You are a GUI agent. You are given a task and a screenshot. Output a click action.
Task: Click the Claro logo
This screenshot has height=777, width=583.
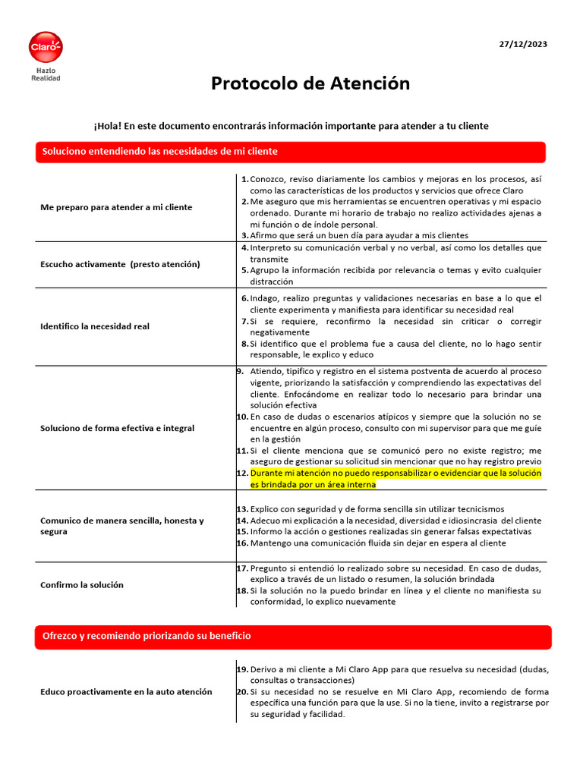coord(46,48)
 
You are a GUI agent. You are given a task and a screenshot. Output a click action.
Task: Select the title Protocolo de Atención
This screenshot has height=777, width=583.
coord(310,83)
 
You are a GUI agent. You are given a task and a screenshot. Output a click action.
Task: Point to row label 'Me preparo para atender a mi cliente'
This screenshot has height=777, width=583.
coord(116,207)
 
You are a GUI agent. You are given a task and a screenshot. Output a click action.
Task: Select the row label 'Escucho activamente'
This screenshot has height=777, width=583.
coord(120,264)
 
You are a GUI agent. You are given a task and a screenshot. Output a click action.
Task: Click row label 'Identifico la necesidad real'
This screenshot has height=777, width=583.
coord(95,326)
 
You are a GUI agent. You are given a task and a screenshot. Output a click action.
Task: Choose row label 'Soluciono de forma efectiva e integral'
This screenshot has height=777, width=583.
coord(117,428)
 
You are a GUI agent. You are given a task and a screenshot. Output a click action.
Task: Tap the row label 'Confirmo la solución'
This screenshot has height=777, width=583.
coord(82,585)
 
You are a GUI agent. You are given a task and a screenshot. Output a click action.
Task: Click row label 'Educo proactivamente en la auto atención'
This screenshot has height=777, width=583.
coord(126,692)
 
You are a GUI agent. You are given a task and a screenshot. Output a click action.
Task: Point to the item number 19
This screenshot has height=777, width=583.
coord(242,669)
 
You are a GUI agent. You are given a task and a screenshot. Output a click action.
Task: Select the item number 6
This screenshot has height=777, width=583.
coord(244,298)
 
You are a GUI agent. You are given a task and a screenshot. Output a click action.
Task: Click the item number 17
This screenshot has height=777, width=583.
coord(242,568)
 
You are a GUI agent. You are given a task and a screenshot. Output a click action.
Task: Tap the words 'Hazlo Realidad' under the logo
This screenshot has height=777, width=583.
coord(46,74)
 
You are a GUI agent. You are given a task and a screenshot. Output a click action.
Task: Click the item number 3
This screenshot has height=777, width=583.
coord(245,235)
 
